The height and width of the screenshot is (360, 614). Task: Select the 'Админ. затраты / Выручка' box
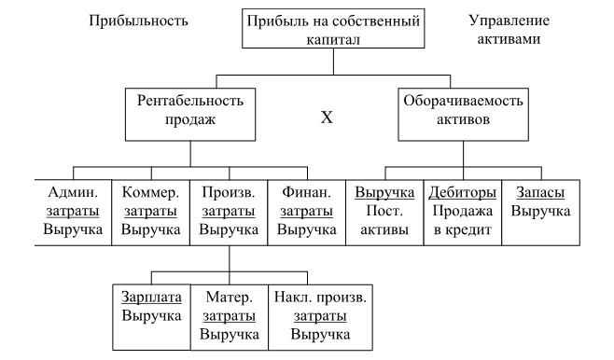[x=74, y=210]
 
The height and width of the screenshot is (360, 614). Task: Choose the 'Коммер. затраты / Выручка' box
[x=150, y=210]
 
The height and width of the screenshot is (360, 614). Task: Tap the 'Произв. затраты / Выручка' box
[x=229, y=210]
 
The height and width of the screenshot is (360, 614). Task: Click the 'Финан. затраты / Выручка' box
[x=307, y=210]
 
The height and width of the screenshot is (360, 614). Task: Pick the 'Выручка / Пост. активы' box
[x=385, y=210]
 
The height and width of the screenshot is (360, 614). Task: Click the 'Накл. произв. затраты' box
[x=320, y=315]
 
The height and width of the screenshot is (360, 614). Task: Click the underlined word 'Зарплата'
[x=151, y=298]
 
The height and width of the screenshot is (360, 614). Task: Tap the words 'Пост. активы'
[x=385, y=211]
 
